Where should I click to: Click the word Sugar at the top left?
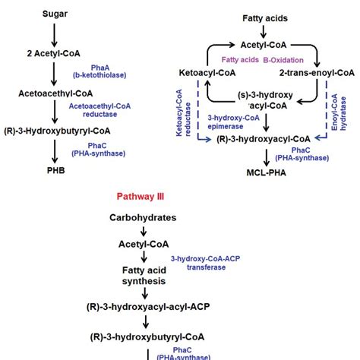(54, 14)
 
